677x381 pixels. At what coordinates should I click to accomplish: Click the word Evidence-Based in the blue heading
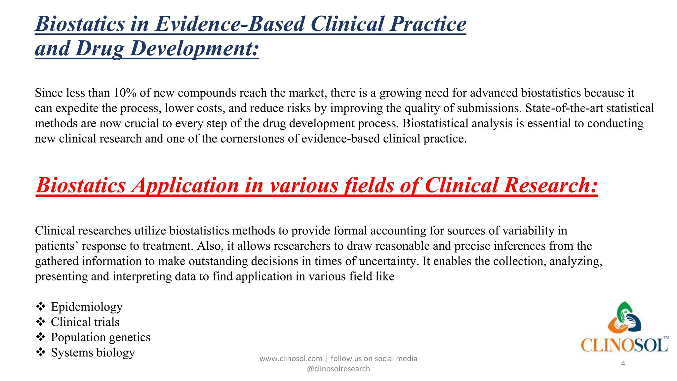tap(229, 24)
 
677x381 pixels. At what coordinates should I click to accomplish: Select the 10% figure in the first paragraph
tap(125, 93)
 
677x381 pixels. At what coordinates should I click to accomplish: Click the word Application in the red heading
tap(185, 185)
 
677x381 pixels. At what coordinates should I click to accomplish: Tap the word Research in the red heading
tap(551, 185)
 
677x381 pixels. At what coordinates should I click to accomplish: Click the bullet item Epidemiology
tap(87, 307)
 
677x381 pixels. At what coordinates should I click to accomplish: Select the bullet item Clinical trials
tap(85, 322)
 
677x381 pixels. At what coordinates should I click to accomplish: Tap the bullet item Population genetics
tap(100, 337)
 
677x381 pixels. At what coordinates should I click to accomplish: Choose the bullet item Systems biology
tap(93, 353)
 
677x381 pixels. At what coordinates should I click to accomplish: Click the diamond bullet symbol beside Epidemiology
tap(41, 307)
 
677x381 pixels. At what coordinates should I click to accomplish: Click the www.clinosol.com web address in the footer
tap(291, 359)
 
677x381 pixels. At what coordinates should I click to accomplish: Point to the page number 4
tap(623, 364)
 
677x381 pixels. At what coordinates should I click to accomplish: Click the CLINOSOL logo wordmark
tap(624, 346)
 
